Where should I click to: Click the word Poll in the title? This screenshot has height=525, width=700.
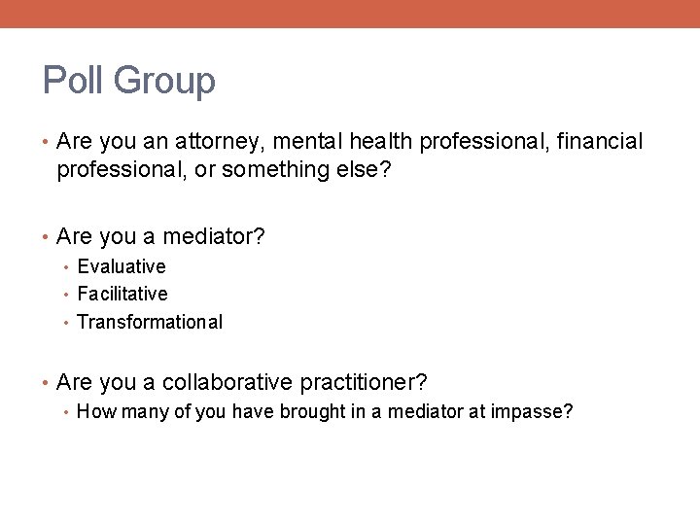click(x=74, y=81)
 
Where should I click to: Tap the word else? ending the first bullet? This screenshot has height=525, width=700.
click(x=359, y=170)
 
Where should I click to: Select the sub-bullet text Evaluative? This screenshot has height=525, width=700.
click(x=122, y=266)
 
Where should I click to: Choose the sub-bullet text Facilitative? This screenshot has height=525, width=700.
click(x=122, y=294)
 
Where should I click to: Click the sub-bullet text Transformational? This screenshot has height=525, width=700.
click(x=150, y=322)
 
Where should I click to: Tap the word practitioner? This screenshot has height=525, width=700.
click(x=367, y=382)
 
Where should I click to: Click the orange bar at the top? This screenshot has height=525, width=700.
click(x=350, y=14)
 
